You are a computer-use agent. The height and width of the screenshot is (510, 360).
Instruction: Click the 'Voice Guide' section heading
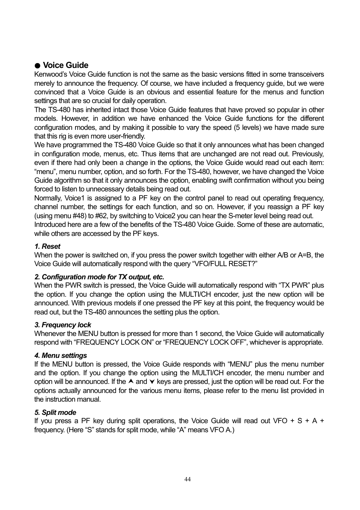65,65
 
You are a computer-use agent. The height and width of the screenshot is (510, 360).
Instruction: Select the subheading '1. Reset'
47,247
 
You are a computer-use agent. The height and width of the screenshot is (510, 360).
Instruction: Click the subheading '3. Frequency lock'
63,325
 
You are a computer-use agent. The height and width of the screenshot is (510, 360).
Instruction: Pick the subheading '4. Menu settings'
60,356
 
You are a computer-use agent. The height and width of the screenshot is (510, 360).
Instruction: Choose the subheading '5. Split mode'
55,413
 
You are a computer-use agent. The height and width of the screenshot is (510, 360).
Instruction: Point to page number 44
188,479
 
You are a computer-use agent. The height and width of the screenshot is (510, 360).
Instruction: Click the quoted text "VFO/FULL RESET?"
225,264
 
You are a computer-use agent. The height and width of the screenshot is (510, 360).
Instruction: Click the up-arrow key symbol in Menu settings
131,382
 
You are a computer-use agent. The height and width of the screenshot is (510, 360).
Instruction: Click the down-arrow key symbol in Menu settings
152,382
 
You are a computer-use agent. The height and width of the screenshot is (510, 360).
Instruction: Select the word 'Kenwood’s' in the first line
51,75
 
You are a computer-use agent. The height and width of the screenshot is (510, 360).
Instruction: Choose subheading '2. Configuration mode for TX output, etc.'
99,277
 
